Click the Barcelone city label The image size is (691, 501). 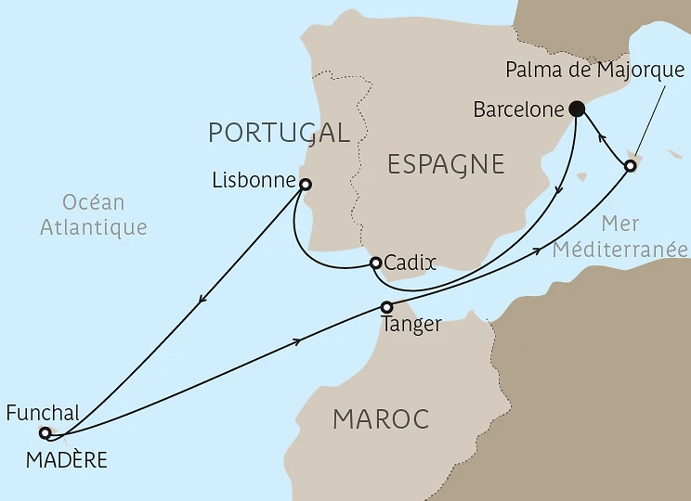pyautogui.click(x=518, y=109)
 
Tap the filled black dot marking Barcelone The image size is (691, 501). pyautogui.click(x=576, y=109)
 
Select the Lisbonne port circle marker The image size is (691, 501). pyautogui.click(x=306, y=184)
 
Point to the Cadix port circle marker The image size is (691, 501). pyautogui.click(x=375, y=263)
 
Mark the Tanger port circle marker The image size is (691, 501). pyautogui.click(x=387, y=307)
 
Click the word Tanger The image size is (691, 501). pyautogui.click(x=411, y=326)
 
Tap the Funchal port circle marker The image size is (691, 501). pyautogui.click(x=45, y=432)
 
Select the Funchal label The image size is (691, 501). pyautogui.click(x=42, y=413)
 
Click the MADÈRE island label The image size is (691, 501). pyautogui.click(x=66, y=459)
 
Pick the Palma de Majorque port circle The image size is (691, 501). pyautogui.click(x=630, y=166)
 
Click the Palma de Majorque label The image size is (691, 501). pyautogui.click(x=594, y=70)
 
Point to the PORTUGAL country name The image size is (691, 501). pyautogui.click(x=279, y=133)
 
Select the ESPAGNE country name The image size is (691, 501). pyautogui.click(x=445, y=165)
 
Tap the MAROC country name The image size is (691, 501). pyautogui.click(x=381, y=419)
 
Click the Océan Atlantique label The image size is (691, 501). pyautogui.click(x=94, y=214)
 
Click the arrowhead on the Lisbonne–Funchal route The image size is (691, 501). pyautogui.click(x=200, y=299)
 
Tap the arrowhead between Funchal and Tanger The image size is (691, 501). pyautogui.click(x=297, y=341)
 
